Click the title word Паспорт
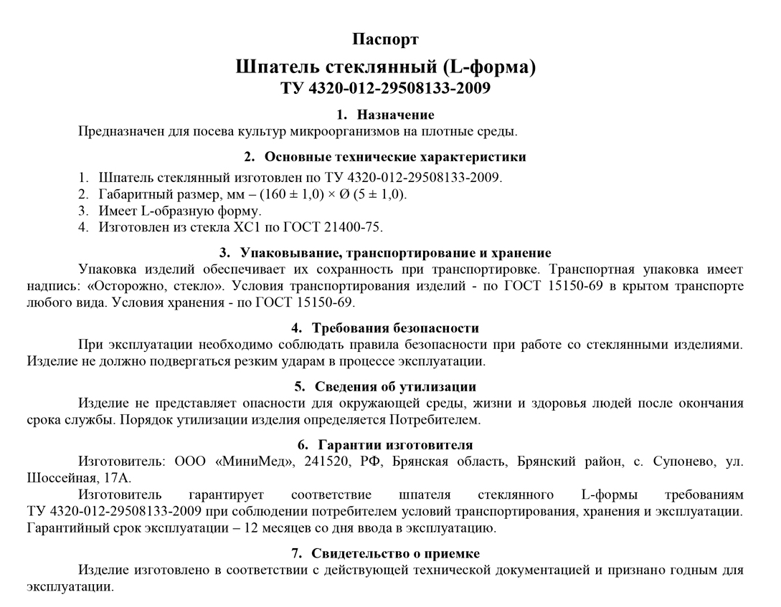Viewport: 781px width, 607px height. click(x=385, y=39)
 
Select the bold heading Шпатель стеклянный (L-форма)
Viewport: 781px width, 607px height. click(x=385, y=67)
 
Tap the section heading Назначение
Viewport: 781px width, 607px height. click(x=395, y=115)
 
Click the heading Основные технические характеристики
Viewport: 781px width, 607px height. click(x=395, y=157)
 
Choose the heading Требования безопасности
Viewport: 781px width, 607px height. click(x=395, y=328)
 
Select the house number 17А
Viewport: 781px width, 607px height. click(x=115, y=478)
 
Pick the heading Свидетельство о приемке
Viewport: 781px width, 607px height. click(x=395, y=554)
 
